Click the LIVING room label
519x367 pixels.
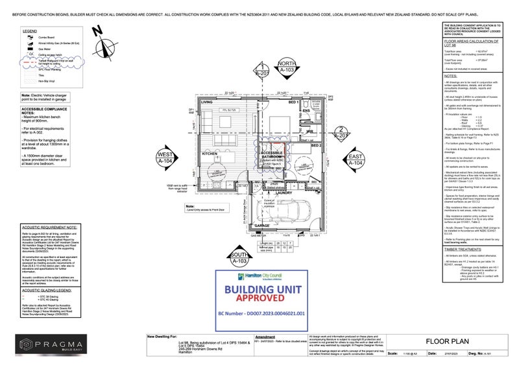(x=207, y=103)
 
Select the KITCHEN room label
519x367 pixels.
(x=209, y=154)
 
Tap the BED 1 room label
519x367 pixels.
(x=293, y=102)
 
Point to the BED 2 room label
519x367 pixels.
(x=316, y=147)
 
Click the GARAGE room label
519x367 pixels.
(x=261, y=226)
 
